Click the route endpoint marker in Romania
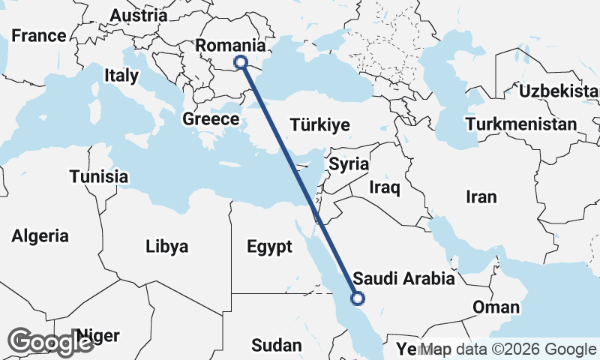click(x=241, y=62)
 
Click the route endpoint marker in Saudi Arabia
click(x=358, y=298)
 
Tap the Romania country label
click(x=231, y=46)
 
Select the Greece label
click(x=211, y=119)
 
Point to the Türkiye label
click(x=320, y=125)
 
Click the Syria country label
click(x=349, y=164)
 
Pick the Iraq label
click(x=385, y=187)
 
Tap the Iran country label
click(x=481, y=197)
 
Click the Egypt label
click(x=268, y=247)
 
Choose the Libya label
click(x=166, y=246)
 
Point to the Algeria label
click(x=40, y=236)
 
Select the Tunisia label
click(x=98, y=177)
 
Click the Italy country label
click(x=121, y=76)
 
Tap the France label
click(x=39, y=35)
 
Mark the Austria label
click(x=139, y=15)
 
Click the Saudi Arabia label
click(x=403, y=279)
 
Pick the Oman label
click(x=496, y=307)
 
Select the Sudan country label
click(x=277, y=346)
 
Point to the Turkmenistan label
click(x=521, y=124)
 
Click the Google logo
click(x=50, y=342)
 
